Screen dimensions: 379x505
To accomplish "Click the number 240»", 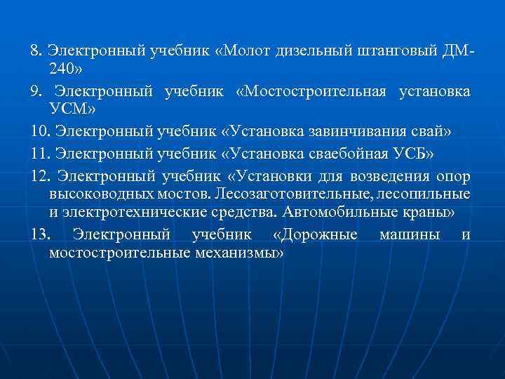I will pyautogui.click(x=67, y=72).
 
